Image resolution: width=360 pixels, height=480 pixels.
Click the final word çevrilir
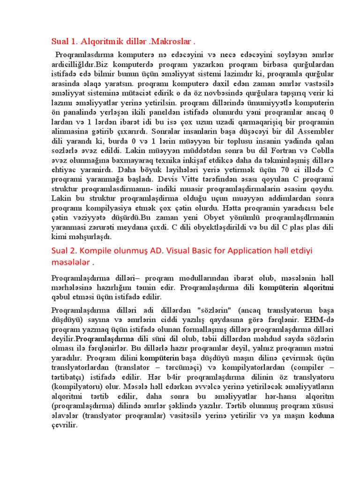[x=64, y=425]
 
